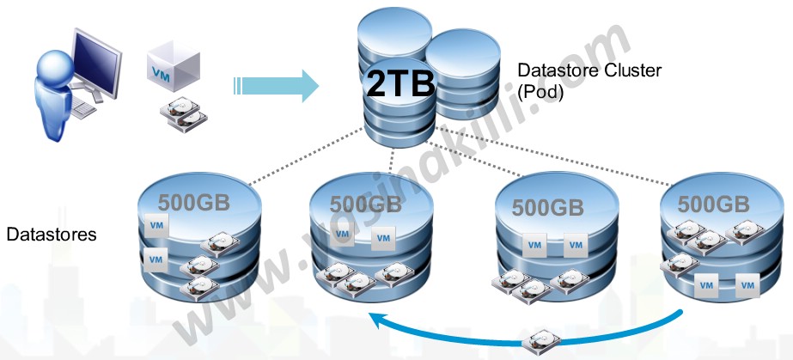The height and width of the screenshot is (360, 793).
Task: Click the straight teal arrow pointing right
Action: [x=275, y=84]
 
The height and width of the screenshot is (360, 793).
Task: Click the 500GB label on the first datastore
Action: [x=193, y=203]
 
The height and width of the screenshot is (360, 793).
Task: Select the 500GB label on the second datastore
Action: [x=365, y=204]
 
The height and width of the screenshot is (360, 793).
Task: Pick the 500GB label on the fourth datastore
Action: [x=713, y=204]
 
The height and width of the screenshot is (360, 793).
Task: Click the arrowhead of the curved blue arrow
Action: [x=375, y=321]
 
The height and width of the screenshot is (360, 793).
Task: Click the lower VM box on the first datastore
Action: [x=156, y=258]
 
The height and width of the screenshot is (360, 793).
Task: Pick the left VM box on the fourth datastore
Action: [x=706, y=283]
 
